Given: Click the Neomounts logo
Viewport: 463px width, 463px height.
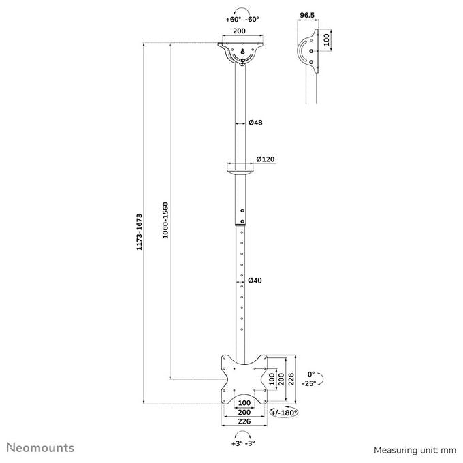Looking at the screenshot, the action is [x=40, y=447].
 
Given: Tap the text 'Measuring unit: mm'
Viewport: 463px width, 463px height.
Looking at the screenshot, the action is [x=415, y=450].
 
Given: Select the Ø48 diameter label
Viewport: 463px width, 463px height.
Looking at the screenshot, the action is [x=255, y=123].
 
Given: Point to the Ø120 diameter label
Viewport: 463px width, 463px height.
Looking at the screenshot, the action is [x=266, y=159].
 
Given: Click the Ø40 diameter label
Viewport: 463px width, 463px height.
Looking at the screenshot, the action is [x=255, y=281].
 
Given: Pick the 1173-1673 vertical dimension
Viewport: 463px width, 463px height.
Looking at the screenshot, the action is [x=139, y=232].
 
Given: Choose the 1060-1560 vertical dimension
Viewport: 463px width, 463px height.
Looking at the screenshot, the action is [x=165, y=221].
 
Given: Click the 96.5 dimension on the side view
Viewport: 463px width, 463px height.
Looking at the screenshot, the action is [x=307, y=16].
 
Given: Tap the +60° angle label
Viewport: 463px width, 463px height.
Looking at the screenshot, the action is [x=234, y=20].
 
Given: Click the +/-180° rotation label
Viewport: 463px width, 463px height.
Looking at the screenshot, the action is [x=284, y=413].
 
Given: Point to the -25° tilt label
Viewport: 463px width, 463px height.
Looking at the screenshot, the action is [x=309, y=383].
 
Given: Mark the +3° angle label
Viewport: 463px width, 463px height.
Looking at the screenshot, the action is [x=237, y=443].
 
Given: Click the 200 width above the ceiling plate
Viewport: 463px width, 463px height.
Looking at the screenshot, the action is [x=239, y=31].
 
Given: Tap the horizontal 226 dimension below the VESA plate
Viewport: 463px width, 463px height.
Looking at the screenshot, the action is [x=244, y=421].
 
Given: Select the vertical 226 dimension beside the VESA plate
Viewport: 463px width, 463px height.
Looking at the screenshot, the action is [x=291, y=379].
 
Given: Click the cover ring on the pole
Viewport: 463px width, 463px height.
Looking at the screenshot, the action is [x=240, y=172].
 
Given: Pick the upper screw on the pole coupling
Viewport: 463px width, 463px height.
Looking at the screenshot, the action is [x=242, y=210].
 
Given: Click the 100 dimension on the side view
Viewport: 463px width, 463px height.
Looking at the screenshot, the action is [x=326, y=40].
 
